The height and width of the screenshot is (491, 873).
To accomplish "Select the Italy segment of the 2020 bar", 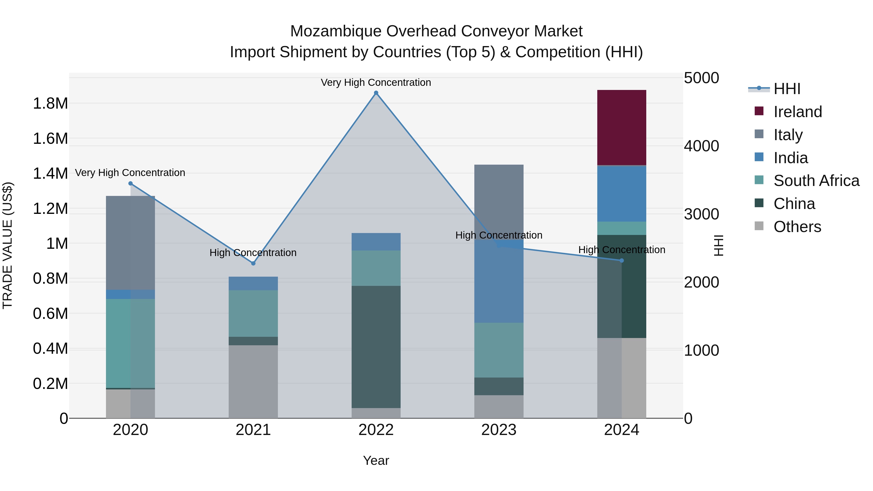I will pos(130,243).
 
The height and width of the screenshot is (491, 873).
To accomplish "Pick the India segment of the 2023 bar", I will pos(499,281).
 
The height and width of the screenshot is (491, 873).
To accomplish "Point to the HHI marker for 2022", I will pos(376,93).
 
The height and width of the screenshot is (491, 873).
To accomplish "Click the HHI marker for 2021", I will pos(253,263).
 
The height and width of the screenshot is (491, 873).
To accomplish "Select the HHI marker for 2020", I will pos(130,183).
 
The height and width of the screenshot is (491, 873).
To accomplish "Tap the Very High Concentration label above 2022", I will pos(376,82).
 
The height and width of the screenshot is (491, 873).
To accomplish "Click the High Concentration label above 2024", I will pos(621,250).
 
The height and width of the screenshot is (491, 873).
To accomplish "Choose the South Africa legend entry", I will pos(816,181).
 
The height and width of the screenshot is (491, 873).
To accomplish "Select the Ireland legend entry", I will pos(797,112).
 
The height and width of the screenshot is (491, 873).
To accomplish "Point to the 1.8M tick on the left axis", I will pos(50,103).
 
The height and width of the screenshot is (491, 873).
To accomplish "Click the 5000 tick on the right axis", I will pos(701,78).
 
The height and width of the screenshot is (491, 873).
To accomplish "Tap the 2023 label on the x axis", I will pos(499,430).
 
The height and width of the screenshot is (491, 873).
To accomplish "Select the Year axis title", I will pos(376,460).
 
